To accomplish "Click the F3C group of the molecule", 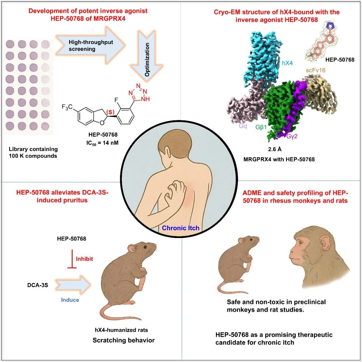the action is (67, 107).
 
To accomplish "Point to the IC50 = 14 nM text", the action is (103, 143).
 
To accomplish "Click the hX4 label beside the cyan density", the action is (287, 63).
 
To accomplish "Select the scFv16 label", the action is (316, 70).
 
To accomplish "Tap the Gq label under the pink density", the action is (243, 126).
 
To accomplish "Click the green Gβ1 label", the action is (261, 127).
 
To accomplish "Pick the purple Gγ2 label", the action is (292, 136).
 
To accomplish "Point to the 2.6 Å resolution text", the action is (275, 149).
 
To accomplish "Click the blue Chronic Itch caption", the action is (181, 228).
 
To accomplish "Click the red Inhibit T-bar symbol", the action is (72, 259).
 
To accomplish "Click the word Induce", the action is (70, 300).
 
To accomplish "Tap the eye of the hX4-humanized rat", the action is (145, 247).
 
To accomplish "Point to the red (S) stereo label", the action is (110, 112).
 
